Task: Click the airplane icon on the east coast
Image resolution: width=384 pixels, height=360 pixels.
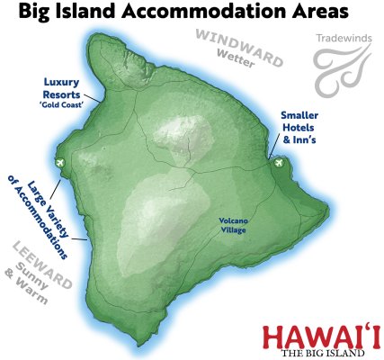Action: coord(278,163)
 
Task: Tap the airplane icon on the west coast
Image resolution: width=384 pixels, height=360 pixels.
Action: coord(59,163)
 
